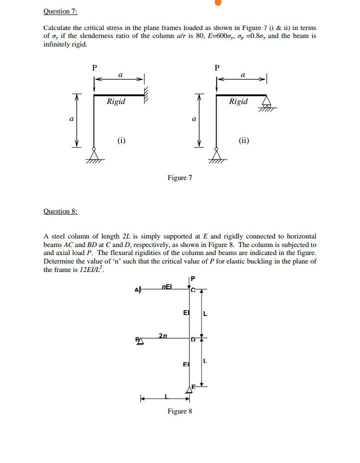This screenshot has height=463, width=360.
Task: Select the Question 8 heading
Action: (x=60, y=211)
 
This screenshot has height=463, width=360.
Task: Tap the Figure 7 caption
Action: (x=180, y=177)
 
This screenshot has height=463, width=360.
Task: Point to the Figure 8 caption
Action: (x=180, y=411)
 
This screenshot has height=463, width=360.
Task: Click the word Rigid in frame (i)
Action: (x=116, y=101)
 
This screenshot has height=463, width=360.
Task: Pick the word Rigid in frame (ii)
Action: (x=238, y=101)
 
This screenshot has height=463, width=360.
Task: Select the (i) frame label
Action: (x=121, y=140)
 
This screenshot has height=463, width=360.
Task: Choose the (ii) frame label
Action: (x=243, y=140)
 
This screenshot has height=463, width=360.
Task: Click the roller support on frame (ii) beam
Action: (x=267, y=102)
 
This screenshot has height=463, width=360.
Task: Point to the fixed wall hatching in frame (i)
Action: (x=146, y=94)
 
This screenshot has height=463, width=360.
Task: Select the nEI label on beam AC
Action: (x=166, y=287)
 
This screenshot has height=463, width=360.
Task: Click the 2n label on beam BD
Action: (x=163, y=335)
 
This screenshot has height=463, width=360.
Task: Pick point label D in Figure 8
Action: (x=194, y=340)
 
